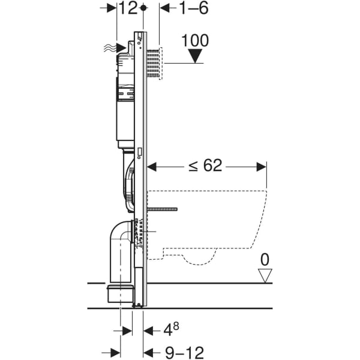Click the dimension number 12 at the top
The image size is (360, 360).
coord(128,8)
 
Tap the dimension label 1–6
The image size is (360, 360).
coord(193,8)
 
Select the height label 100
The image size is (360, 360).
coord(195,41)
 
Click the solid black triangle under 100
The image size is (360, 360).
coord(195,56)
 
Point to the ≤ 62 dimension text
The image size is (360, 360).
coord(205,166)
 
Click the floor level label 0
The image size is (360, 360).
coord(265,260)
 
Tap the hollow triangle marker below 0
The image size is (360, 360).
coord(265,275)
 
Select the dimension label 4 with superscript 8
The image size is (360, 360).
coord(171,329)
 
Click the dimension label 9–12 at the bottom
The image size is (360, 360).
coord(185,352)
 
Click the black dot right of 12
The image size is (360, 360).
coord(143,8)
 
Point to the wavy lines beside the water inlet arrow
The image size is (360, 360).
coord(109,49)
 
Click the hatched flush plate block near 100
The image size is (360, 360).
coord(153,64)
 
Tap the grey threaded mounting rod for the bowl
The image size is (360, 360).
coord(162,209)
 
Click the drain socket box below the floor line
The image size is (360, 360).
coord(120,293)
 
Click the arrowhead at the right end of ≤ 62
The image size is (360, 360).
coord(261,167)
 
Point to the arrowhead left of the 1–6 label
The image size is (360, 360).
coord(165,8)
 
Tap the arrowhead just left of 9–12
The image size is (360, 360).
coord(148,352)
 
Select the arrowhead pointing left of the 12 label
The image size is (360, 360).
coord(112,8)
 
